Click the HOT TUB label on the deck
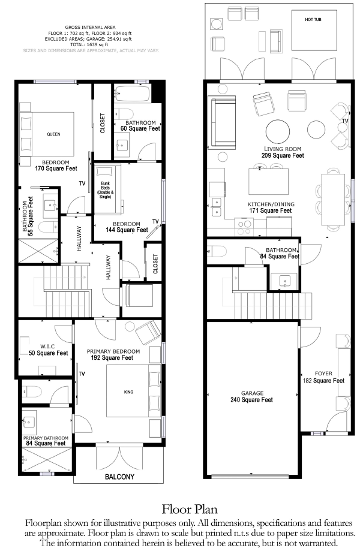[x=313, y=20]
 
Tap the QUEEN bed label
[x=53, y=134]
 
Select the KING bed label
[x=128, y=392]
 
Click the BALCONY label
[x=119, y=477]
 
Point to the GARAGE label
[x=252, y=393]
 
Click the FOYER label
[x=323, y=374]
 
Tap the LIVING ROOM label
[x=283, y=149]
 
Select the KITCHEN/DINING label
[x=271, y=204]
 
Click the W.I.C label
[x=47, y=347]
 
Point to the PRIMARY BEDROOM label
[x=113, y=351]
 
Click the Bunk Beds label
[x=105, y=190]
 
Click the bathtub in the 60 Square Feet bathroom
[x=132, y=94]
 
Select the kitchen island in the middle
[x=269, y=181]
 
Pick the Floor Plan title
[x=190, y=509]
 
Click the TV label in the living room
[x=345, y=121]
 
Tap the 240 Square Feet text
[x=252, y=399]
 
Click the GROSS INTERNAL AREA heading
[x=91, y=27]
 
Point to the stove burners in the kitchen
[x=245, y=227]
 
